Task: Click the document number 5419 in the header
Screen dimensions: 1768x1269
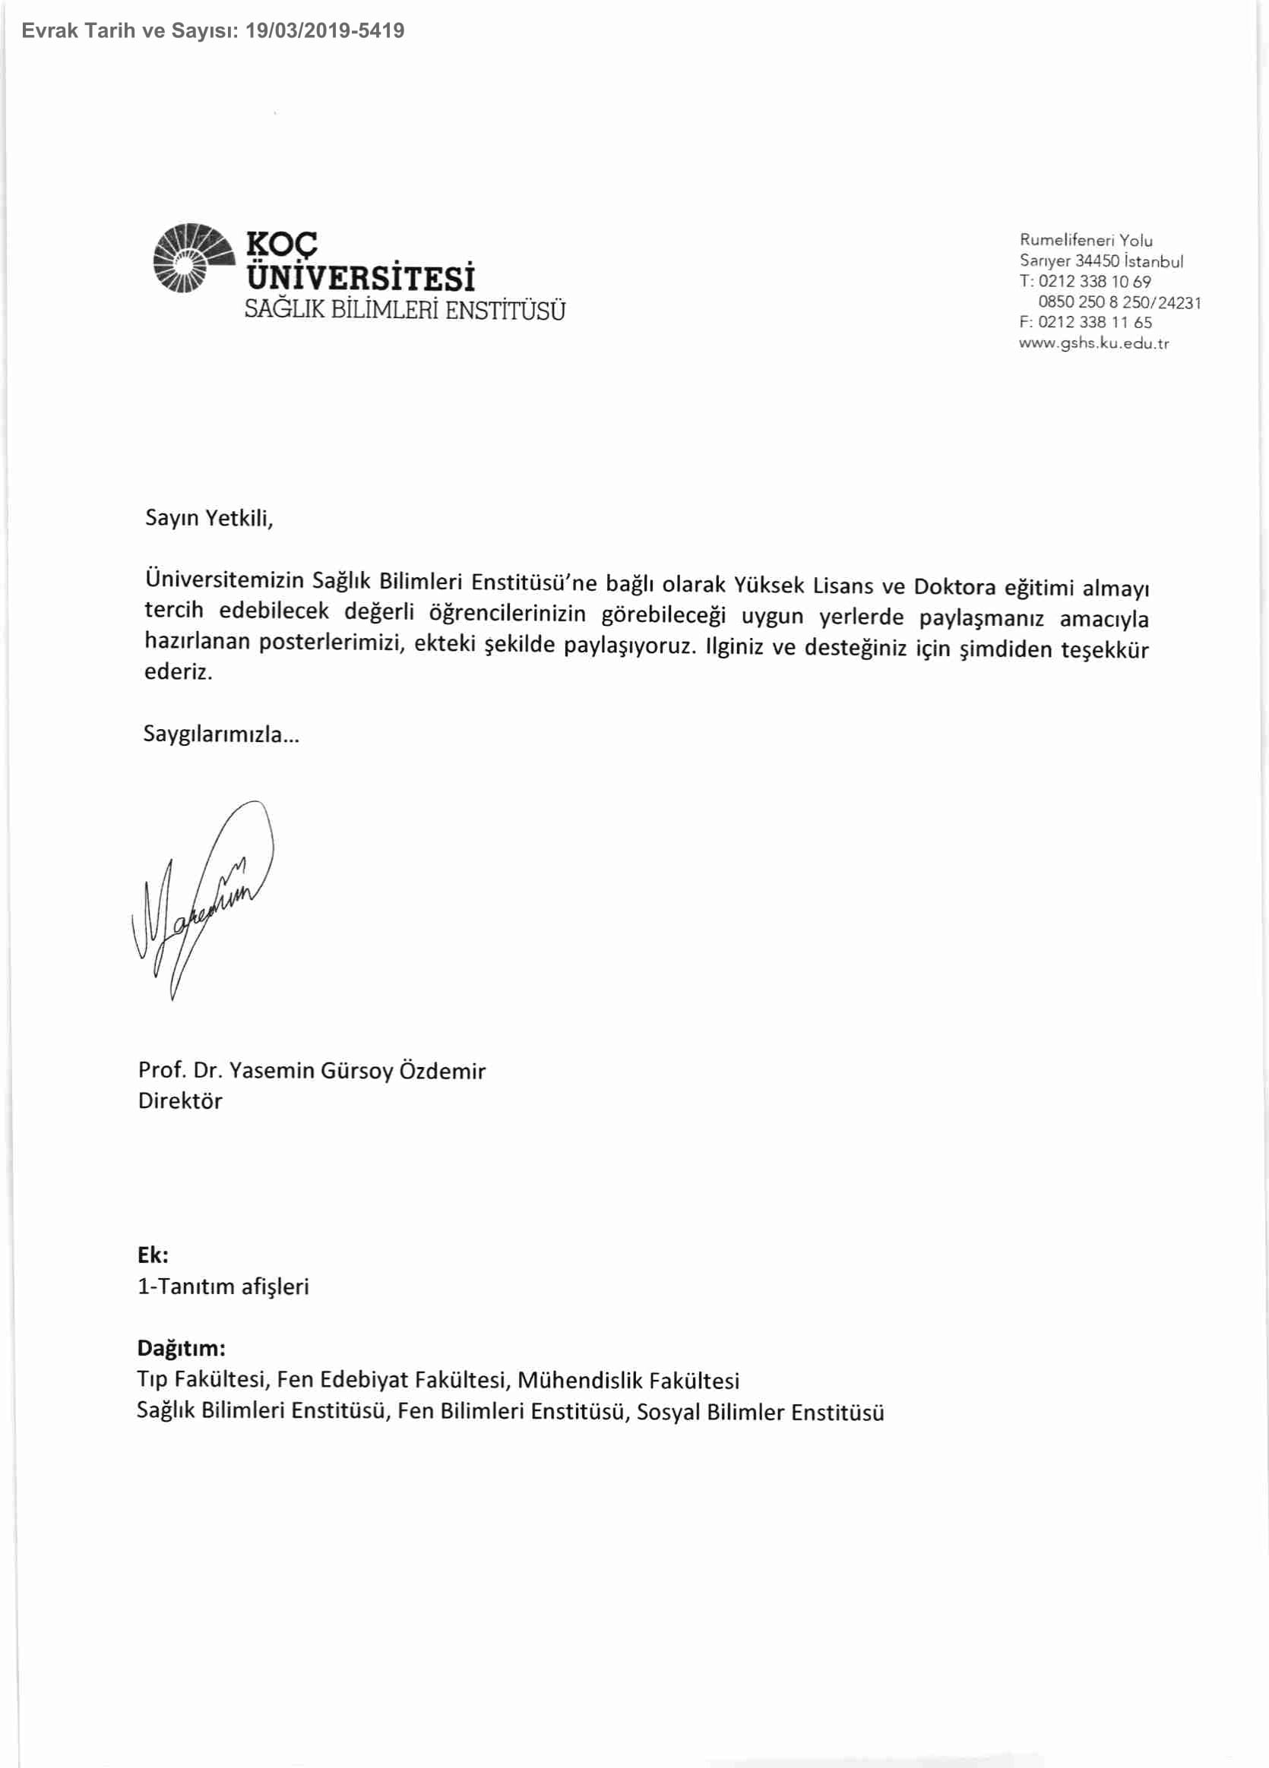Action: pyautogui.click(x=381, y=31)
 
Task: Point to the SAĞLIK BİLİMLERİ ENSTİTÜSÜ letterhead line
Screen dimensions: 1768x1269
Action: pyautogui.click(x=405, y=311)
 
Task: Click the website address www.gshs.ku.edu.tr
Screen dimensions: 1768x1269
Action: pyautogui.click(x=1093, y=343)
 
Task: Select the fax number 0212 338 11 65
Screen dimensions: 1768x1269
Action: pyautogui.click(x=1094, y=322)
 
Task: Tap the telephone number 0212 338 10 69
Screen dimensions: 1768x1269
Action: pyautogui.click(x=1094, y=282)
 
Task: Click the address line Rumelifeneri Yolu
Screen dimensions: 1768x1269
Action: pyautogui.click(x=1086, y=240)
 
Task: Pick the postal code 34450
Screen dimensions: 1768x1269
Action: pyautogui.click(x=1097, y=261)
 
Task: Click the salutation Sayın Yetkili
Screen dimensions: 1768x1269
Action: pyautogui.click(x=209, y=519)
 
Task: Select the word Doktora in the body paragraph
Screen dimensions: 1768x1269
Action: pyautogui.click(x=954, y=586)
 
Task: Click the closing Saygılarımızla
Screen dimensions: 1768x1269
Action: pyautogui.click(x=220, y=734)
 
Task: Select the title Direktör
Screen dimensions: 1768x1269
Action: pyautogui.click(x=180, y=1100)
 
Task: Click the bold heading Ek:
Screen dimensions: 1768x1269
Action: pyautogui.click(x=153, y=1255)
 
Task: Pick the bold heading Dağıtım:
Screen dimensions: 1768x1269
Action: pyautogui.click(x=181, y=1348)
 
